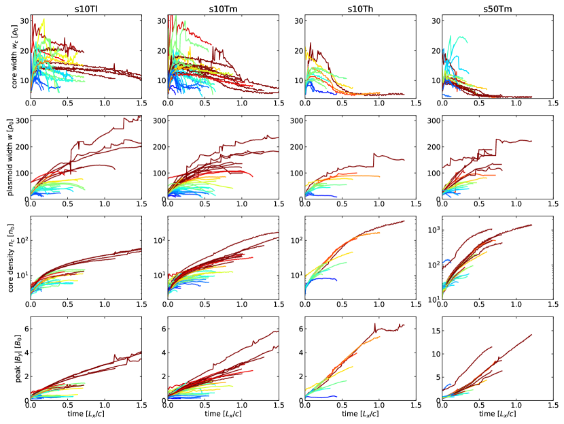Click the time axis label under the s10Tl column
coord(86,414)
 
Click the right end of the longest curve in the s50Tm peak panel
coord(531,334)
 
